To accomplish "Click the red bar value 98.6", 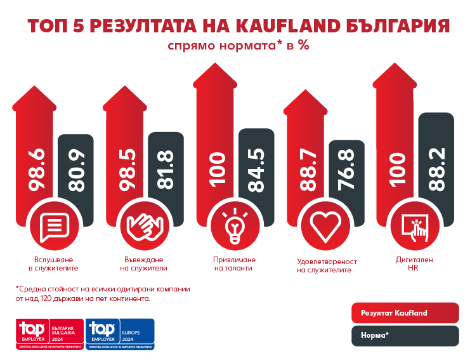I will pyautogui.click(x=36, y=170).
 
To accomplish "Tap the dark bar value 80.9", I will pyautogui.click(x=75, y=170).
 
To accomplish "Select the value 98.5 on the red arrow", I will pyautogui.click(x=127, y=170).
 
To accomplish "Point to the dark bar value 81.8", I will pyautogui.click(x=166, y=169).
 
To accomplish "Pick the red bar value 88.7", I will pyautogui.click(x=308, y=170).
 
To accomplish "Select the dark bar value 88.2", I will pyautogui.click(x=437, y=167).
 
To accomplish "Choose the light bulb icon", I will pyautogui.click(x=234, y=227).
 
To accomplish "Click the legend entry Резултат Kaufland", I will pyautogui.click(x=405, y=312).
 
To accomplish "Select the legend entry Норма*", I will pyautogui.click(x=405, y=335).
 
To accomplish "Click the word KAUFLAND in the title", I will pyautogui.click(x=280, y=26).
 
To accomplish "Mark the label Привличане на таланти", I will pyautogui.click(x=233, y=263).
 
